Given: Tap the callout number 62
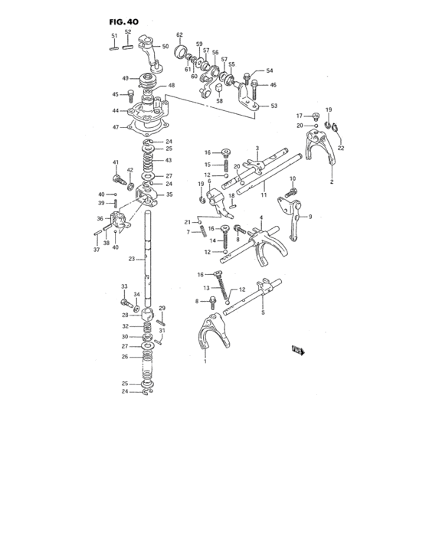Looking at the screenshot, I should tap(179, 34).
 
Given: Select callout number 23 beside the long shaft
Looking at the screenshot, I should tap(132, 259).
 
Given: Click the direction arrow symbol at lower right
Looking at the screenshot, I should tap(298, 351).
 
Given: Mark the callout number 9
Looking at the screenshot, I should tap(311, 217).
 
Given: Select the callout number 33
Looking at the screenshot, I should tap(123, 287).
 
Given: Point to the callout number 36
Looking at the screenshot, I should tap(100, 218).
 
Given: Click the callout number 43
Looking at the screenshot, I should tap(169, 160).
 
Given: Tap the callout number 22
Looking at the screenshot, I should tap(342, 148).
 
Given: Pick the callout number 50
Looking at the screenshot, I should tap(165, 47).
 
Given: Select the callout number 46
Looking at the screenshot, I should tap(273, 85).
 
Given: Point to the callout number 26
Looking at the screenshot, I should tap(124, 356).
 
